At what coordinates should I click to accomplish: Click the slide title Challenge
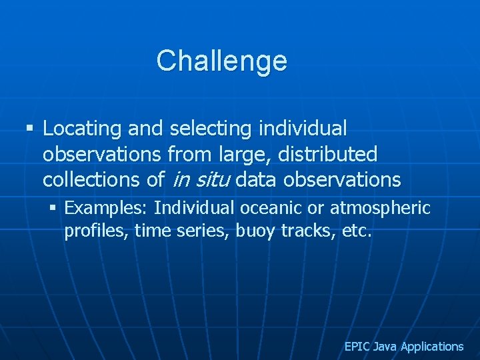pos(221,61)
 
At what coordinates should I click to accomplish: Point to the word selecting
pos(210,128)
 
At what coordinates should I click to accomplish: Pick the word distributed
pos(328,154)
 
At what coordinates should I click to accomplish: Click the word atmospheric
pos(381,209)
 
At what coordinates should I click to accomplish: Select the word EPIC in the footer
pos(357,347)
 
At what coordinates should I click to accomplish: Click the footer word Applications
pos(431,347)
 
